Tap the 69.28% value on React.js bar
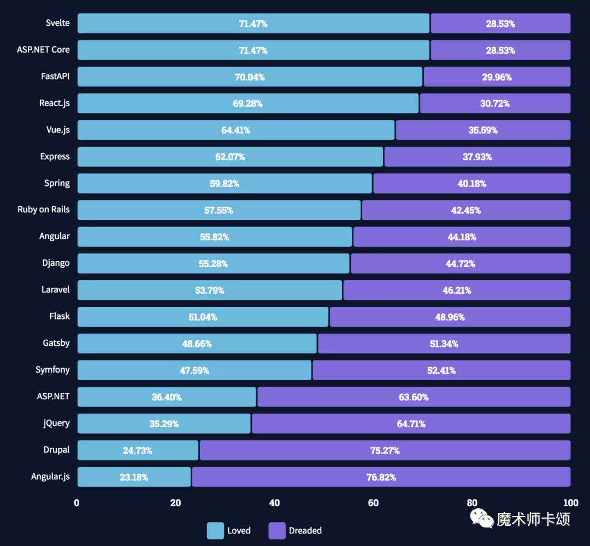coord(247,103)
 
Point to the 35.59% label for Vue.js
coord(483,130)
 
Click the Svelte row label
coord(58,23)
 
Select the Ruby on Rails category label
coord(44,210)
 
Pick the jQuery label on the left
coord(57,423)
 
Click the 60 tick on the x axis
coord(373,503)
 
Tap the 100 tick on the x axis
coord(570,503)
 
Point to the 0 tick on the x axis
coord(77,503)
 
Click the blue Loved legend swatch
coord(215,531)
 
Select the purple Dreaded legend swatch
coord(277,531)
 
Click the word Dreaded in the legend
coord(305,531)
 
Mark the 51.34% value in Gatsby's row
coord(444,344)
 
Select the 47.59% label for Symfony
coord(194,370)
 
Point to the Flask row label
coord(60,316)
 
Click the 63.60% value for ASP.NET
coord(414,397)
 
